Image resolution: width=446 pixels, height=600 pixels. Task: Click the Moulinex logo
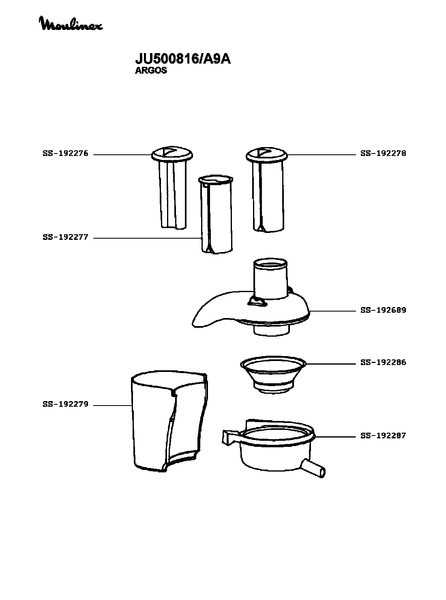click(x=71, y=24)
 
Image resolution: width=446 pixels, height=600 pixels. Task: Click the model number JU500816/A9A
click(x=183, y=59)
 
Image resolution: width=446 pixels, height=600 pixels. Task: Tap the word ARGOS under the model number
click(x=151, y=70)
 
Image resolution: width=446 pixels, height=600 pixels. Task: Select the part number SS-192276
click(x=66, y=154)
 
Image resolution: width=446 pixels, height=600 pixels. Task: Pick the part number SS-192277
click(x=66, y=237)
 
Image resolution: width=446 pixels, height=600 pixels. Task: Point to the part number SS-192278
click(x=383, y=154)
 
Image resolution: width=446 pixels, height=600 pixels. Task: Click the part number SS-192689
click(x=383, y=310)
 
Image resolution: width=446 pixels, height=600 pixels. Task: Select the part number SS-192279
click(x=66, y=404)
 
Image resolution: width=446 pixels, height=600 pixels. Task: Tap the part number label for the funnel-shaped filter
click(x=383, y=362)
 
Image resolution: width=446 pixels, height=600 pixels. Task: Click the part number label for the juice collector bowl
click(x=383, y=436)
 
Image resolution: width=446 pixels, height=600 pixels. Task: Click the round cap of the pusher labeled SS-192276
click(x=172, y=154)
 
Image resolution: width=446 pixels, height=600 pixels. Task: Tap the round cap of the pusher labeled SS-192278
click(x=267, y=155)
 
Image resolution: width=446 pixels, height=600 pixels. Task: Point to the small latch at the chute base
click(x=257, y=301)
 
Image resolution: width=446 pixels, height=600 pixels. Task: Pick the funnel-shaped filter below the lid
click(x=273, y=374)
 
